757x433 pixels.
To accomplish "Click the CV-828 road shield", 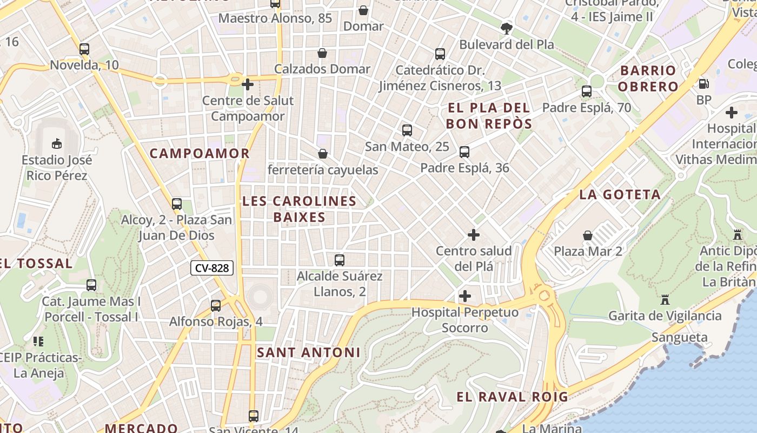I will coord(212,268).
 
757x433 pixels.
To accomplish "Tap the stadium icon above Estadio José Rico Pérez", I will coord(56,143).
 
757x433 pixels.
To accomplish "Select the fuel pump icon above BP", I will coord(703,83).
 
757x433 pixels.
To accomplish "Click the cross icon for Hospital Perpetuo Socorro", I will coord(464,296).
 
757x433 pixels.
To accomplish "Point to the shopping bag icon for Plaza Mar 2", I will coord(588,235).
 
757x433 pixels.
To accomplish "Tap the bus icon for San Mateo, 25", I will coord(407,130).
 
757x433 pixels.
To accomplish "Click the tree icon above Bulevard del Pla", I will coord(507,28).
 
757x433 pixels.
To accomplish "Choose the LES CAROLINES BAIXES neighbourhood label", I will coord(299,209).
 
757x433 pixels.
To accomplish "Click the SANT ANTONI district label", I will coord(308,352).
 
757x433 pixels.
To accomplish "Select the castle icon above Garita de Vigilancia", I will coord(665,299).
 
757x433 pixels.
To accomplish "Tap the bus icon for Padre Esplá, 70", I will coord(587,91).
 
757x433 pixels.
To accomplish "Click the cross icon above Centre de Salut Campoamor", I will coord(248,84).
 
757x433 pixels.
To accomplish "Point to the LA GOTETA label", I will coord(620,195).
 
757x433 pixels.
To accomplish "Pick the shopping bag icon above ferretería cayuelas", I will coord(323,154).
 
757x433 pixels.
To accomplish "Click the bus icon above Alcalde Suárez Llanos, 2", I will coord(340,260).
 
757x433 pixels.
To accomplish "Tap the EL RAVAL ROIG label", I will coord(512,397).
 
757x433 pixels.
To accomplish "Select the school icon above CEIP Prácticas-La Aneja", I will coord(38,341).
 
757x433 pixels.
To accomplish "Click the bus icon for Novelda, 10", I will coord(84,49).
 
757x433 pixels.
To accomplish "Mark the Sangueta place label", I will coord(679,337).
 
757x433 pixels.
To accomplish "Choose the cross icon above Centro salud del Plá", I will coord(474,235).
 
